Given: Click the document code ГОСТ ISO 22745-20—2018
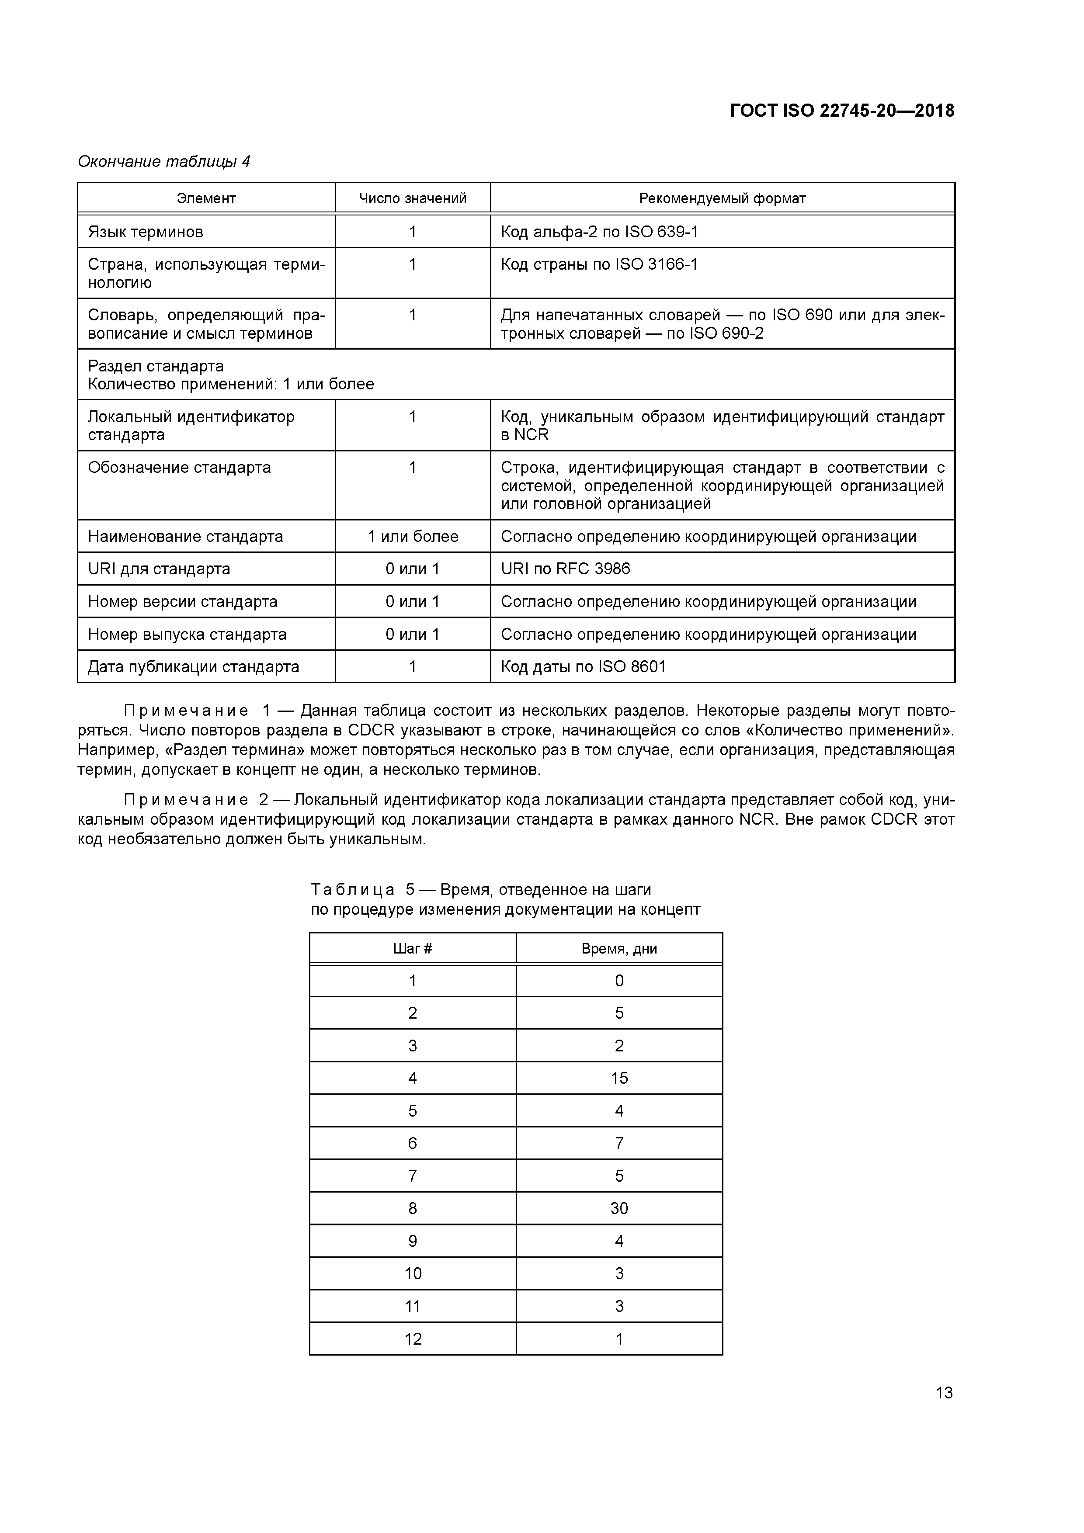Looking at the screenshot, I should point(841,111).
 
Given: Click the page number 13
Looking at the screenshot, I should point(944,1393).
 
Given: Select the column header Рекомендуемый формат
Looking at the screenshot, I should point(722,198).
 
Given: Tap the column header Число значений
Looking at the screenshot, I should point(412,198).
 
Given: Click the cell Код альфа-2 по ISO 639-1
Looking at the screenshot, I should point(599,232).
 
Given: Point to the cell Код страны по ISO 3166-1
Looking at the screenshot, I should point(599,264).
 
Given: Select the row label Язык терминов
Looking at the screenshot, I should point(146,232).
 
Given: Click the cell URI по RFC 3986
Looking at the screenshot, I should point(565,569).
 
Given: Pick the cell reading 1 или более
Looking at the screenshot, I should point(412,537).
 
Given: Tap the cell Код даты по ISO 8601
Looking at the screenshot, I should point(583,667).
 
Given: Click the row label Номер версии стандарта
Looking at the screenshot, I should point(182,602).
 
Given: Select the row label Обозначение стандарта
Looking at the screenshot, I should point(179,468).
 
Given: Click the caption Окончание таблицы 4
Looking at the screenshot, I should point(163,162).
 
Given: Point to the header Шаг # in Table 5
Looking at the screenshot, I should point(412,949).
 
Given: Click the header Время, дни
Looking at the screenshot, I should point(618,949).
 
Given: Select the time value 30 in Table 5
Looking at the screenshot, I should point(618,1208).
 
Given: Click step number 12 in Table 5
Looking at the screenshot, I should point(412,1339).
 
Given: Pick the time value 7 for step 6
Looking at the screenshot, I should point(618,1143).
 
